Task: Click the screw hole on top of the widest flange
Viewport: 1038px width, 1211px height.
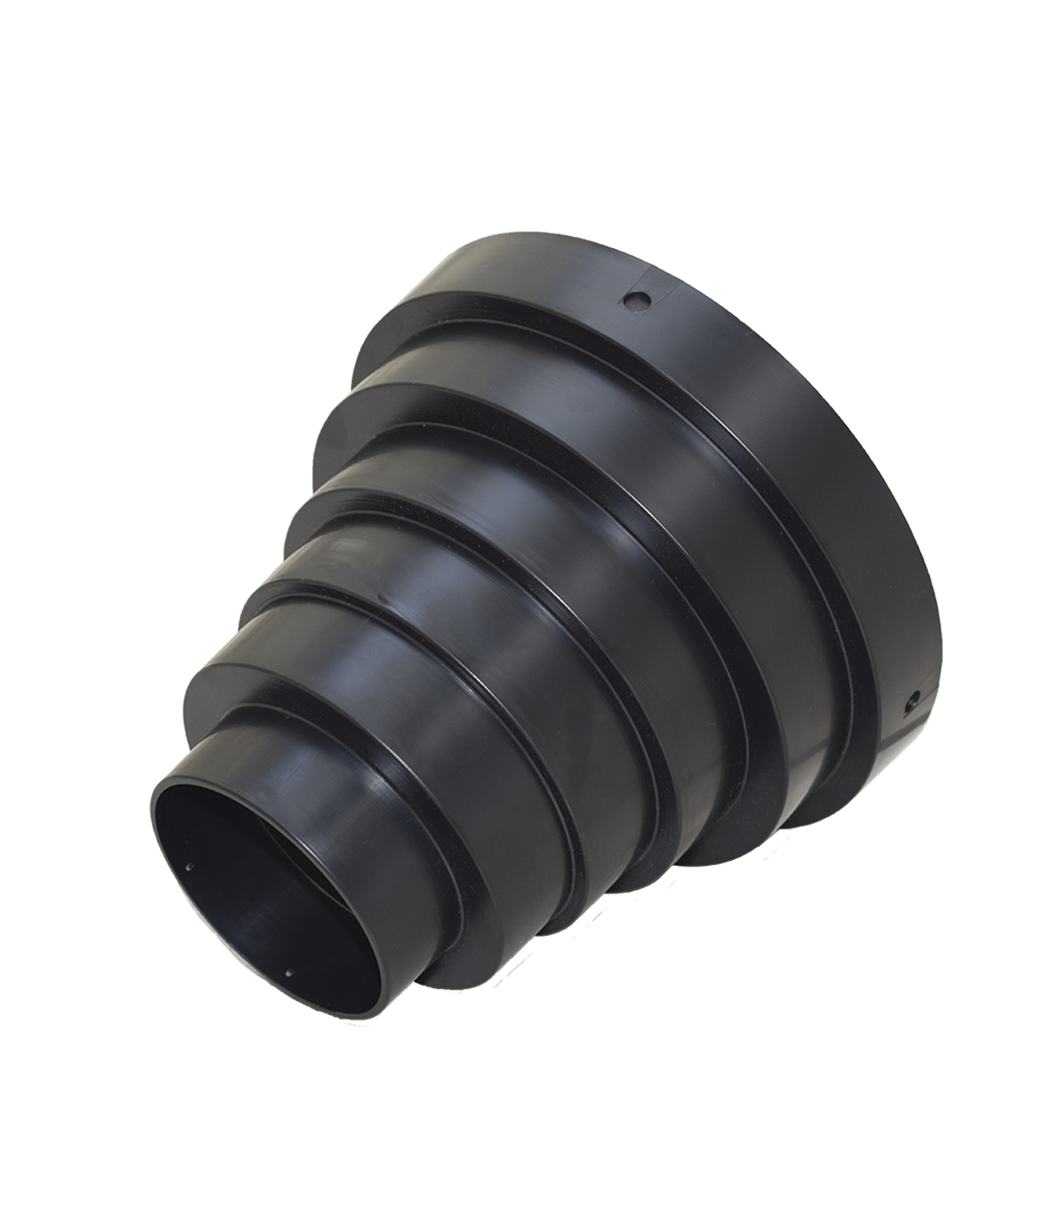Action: tap(638, 299)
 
